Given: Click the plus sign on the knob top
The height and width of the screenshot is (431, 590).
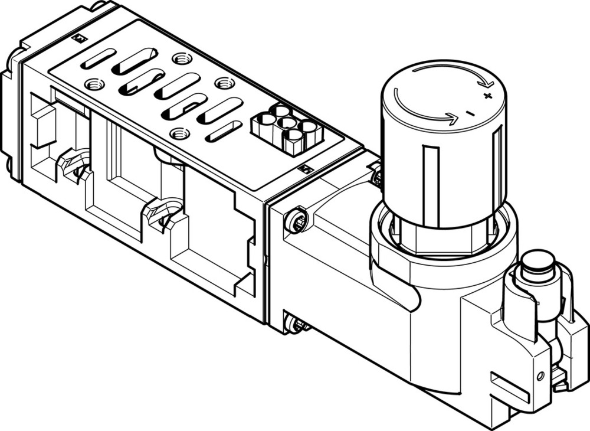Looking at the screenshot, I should click(487, 96).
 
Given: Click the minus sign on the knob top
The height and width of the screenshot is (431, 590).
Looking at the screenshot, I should click(470, 112).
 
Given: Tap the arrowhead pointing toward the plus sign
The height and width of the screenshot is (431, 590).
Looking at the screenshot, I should click(487, 83).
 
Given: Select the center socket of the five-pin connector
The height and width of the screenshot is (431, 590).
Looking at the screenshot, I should click(287, 123).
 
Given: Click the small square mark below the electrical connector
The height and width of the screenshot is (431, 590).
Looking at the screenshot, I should click(305, 169).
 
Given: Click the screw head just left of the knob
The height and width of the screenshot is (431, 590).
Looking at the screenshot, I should click(376, 175).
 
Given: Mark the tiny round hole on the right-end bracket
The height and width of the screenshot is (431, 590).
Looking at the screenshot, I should click(539, 376).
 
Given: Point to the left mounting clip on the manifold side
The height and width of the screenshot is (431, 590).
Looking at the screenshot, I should click(74, 165).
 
